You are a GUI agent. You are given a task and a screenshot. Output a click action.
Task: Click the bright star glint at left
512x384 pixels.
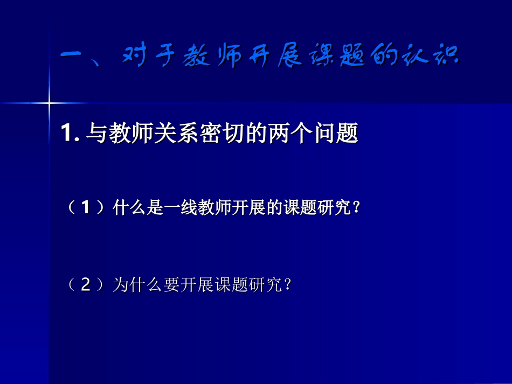pyautogui.click(x=49, y=102)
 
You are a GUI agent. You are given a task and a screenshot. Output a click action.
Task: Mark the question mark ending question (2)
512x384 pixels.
pyautogui.click(x=287, y=285)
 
